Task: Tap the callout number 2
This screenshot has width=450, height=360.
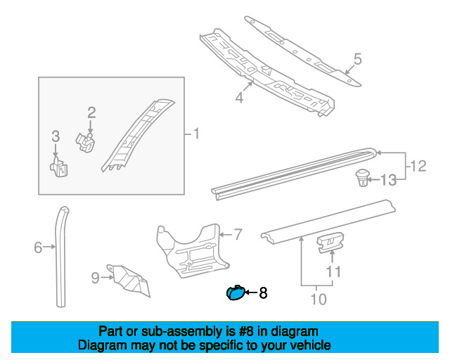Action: pos(91,112)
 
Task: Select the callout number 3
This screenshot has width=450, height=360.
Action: pos(55,136)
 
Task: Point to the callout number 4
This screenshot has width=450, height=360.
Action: pos(239,98)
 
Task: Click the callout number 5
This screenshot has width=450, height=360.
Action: pos(357,59)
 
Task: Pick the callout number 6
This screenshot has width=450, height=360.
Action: pos(38,247)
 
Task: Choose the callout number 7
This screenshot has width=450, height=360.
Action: pos(238,233)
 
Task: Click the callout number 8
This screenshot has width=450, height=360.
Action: pos(263,292)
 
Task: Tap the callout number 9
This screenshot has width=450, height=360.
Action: pos(95,278)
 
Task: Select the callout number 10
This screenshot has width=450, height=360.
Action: pos(319,299)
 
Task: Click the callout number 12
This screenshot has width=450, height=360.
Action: pos(418,166)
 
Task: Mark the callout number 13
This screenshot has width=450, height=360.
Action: pos(389,181)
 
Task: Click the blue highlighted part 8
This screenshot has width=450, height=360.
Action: pos(233,293)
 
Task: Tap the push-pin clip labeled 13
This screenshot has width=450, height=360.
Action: pos(363,179)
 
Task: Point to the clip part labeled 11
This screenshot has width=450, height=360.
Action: pos(329,243)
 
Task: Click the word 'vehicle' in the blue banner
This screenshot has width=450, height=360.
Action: pos(307,345)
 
